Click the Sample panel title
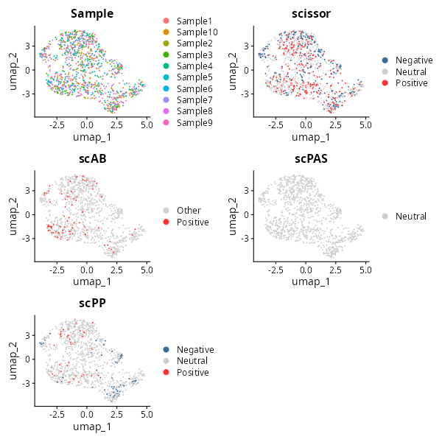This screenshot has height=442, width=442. pos(91,13)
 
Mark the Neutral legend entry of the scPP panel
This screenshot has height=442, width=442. pos(192,361)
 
